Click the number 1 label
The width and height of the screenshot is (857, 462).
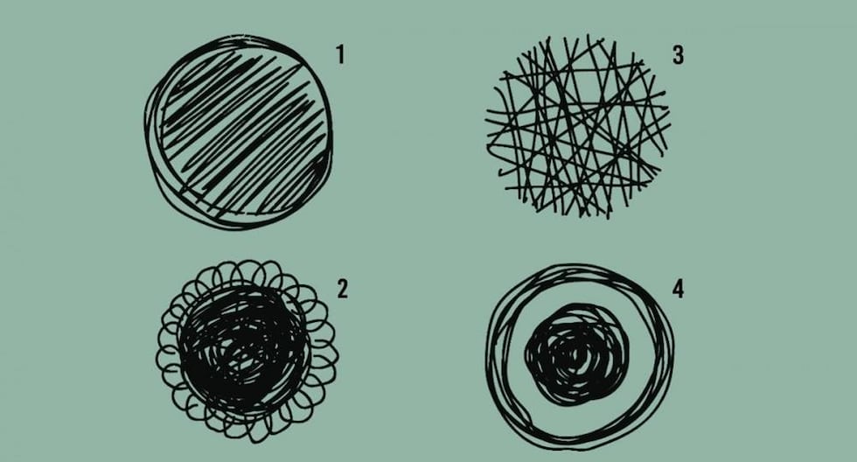[340, 54]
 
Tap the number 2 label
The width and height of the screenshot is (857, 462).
[342, 290]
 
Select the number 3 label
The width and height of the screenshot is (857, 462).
[678, 54]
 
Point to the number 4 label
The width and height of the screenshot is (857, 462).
[678, 290]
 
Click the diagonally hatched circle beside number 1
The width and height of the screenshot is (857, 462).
[239, 132]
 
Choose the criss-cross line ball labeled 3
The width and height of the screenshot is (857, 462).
[578, 127]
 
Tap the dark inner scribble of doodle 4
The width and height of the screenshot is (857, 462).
[576, 355]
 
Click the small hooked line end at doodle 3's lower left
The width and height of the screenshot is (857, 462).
[500, 172]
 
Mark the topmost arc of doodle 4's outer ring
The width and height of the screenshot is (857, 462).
[579, 267]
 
